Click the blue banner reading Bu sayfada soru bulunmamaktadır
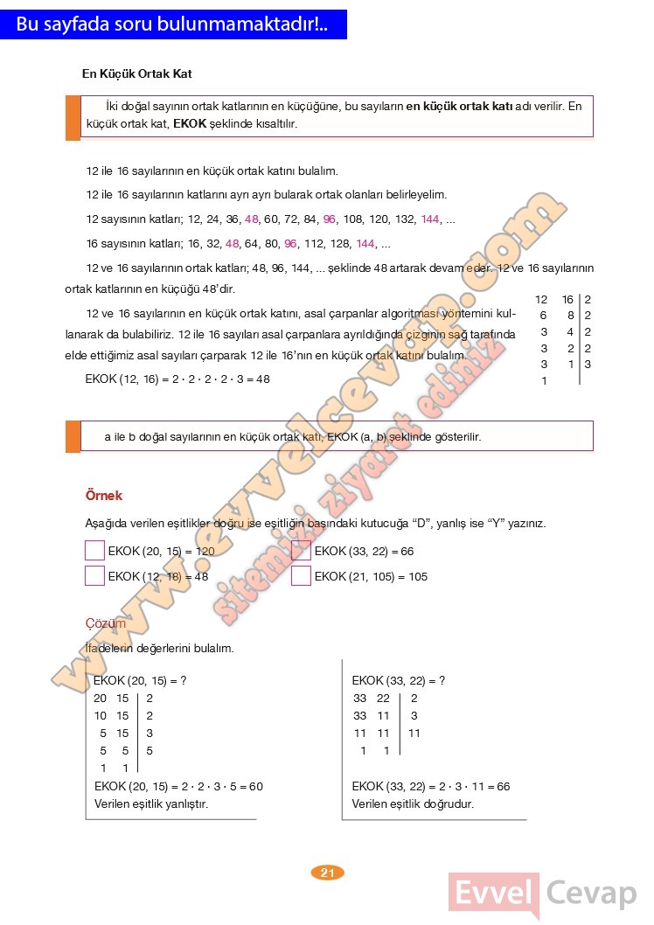pyautogui.click(x=173, y=24)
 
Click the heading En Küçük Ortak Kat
pyautogui.click(x=136, y=74)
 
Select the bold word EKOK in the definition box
pyautogui.click(x=190, y=124)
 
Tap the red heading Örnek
pyautogui.click(x=103, y=496)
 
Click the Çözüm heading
pyautogui.click(x=105, y=623)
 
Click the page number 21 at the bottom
pyautogui.click(x=328, y=872)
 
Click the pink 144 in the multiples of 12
pyautogui.click(x=430, y=219)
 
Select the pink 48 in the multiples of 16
pyautogui.click(x=233, y=243)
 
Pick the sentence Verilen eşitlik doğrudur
pyautogui.click(x=413, y=803)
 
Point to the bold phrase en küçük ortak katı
pyautogui.click(x=459, y=106)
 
